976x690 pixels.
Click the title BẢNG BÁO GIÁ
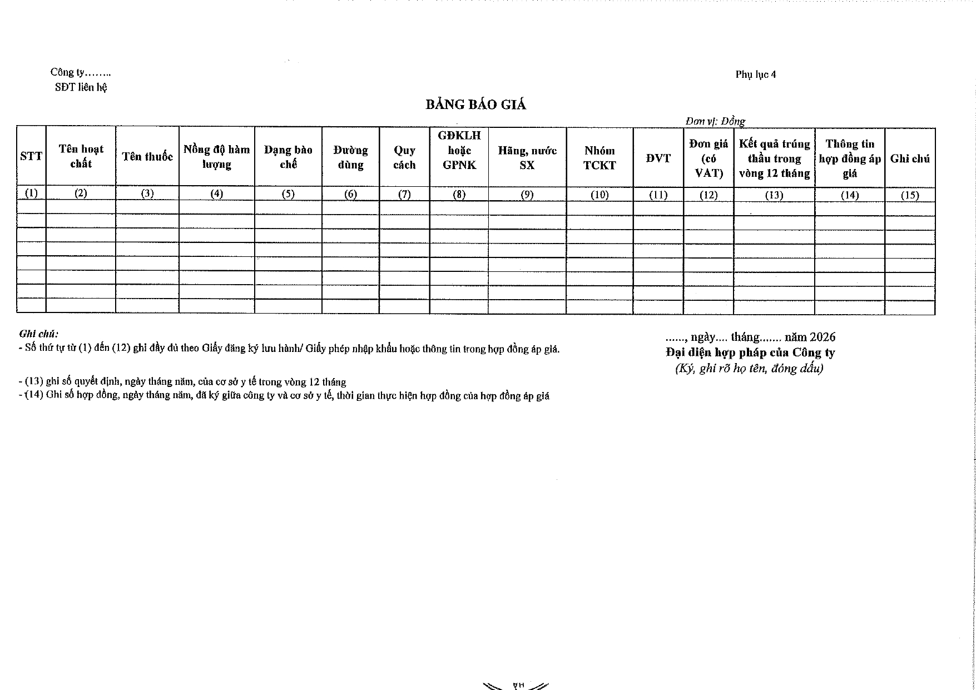coord(475,105)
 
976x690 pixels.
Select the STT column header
coord(31,157)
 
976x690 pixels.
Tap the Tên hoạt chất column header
coord(81,156)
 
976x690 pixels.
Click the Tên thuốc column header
coord(147,157)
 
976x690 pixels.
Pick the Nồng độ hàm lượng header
coord(216,157)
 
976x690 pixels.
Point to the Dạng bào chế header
coord(288,157)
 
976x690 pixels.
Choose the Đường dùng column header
coord(350,157)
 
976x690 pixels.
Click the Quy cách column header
coord(404,157)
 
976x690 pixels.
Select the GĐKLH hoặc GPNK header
coord(459,150)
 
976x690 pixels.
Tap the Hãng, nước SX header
coord(527,157)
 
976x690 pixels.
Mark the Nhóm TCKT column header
coord(600,158)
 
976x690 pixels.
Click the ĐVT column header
coord(658,158)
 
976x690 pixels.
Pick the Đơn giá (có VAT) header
coord(709,158)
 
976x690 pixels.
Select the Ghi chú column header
coord(910,159)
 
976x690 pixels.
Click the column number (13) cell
coord(774,195)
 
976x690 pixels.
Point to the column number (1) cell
coord(31,193)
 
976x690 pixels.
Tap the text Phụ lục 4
coord(755,75)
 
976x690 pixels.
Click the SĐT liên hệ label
coord(81,87)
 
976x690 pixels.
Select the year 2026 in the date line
coord(823,337)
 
